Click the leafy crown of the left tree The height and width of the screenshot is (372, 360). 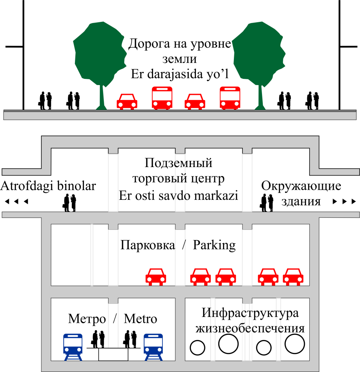[x=100, y=53]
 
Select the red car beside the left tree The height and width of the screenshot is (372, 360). [x=127, y=101]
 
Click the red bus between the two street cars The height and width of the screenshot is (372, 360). [x=162, y=98]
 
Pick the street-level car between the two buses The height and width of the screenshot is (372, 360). [x=194, y=101]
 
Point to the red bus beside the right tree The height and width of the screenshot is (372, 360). [x=230, y=98]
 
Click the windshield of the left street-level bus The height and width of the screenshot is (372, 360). [x=162, y=96]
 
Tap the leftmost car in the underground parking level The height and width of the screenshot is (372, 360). [x=155, y=276]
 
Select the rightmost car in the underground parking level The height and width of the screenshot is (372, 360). [x=293, y=276]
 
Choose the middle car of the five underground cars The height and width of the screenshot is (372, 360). [x=225, y=276]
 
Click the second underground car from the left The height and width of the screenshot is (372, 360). [x=200, y=276]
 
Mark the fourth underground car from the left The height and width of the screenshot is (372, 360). [x=268, y=276]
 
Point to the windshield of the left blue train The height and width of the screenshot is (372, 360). [x=73, y=342]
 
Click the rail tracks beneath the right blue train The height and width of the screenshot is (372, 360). [x=153, y=358]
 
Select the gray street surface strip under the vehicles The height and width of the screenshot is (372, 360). [x=180, y=116]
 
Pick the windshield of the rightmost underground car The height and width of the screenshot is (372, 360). [x=293, y=272]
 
